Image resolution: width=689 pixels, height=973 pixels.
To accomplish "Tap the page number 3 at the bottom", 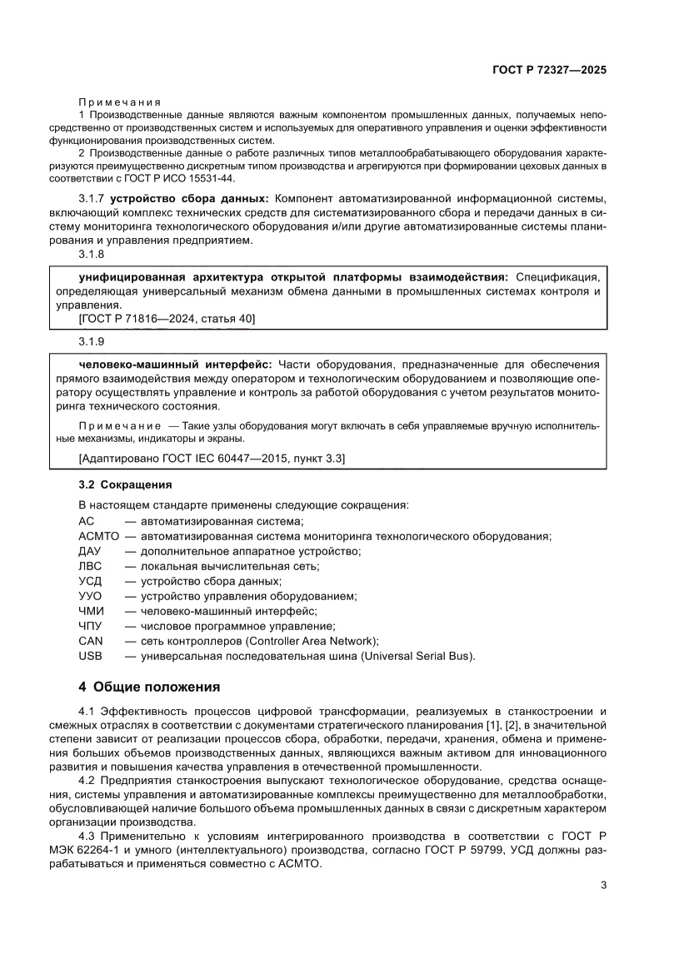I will [603, 885].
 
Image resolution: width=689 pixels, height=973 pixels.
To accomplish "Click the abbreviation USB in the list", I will [90, 656].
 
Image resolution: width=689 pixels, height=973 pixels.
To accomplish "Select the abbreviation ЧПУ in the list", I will [90, 625].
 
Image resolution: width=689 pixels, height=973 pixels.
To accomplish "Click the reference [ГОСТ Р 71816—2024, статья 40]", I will [155, 319].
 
